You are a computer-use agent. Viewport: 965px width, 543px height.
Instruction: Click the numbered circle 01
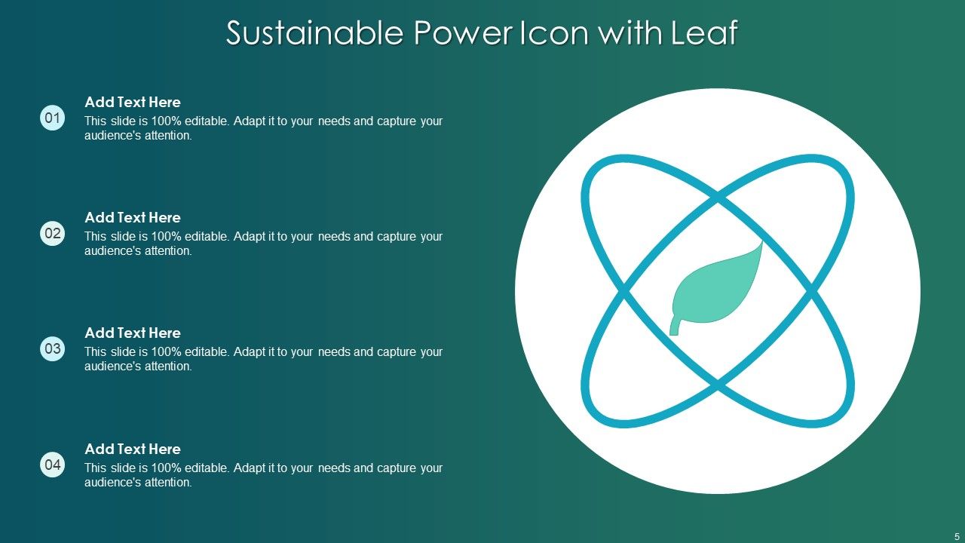(53, 118)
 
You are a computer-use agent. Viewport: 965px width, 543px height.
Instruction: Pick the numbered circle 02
(53, 234)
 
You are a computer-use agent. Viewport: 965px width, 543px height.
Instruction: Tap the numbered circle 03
(53, 349)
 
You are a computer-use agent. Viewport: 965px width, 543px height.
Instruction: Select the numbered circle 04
(53, 465)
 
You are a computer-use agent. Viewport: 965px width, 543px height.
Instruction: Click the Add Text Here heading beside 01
(133, 103)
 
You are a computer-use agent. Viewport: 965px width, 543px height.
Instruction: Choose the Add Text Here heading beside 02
(133, 218)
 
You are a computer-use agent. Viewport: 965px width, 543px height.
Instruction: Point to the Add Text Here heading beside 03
(133, 333)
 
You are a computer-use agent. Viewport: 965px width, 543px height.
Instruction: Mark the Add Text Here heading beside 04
(133, 449)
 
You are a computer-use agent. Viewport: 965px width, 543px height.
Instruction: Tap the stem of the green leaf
(675, 327)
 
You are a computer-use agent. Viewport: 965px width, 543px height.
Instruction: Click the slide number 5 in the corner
(957, 536)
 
